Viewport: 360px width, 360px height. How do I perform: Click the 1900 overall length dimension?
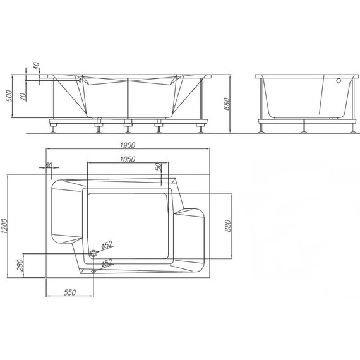[x=128, y=145]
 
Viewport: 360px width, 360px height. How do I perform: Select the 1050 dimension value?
[x=128, y=159]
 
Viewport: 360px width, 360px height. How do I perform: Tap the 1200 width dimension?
[x=4, y=226]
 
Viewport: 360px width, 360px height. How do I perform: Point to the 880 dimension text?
[x=227, y=225]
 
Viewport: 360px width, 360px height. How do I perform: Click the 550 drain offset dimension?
[x=70, y=292]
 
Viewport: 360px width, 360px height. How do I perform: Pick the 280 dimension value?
[x=20, y=265]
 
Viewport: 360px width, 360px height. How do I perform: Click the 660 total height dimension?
[x=227, y=104]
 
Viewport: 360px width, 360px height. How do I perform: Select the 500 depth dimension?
[x=9, y=96]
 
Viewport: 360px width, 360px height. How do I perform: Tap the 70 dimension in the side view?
[x=23, y=97]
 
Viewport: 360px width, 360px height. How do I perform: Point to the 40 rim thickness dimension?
[x=36, y=66]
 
